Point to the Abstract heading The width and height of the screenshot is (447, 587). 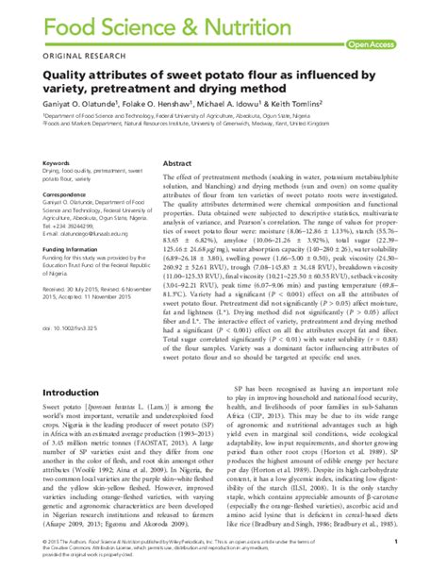178,162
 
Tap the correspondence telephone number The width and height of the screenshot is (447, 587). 70,233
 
